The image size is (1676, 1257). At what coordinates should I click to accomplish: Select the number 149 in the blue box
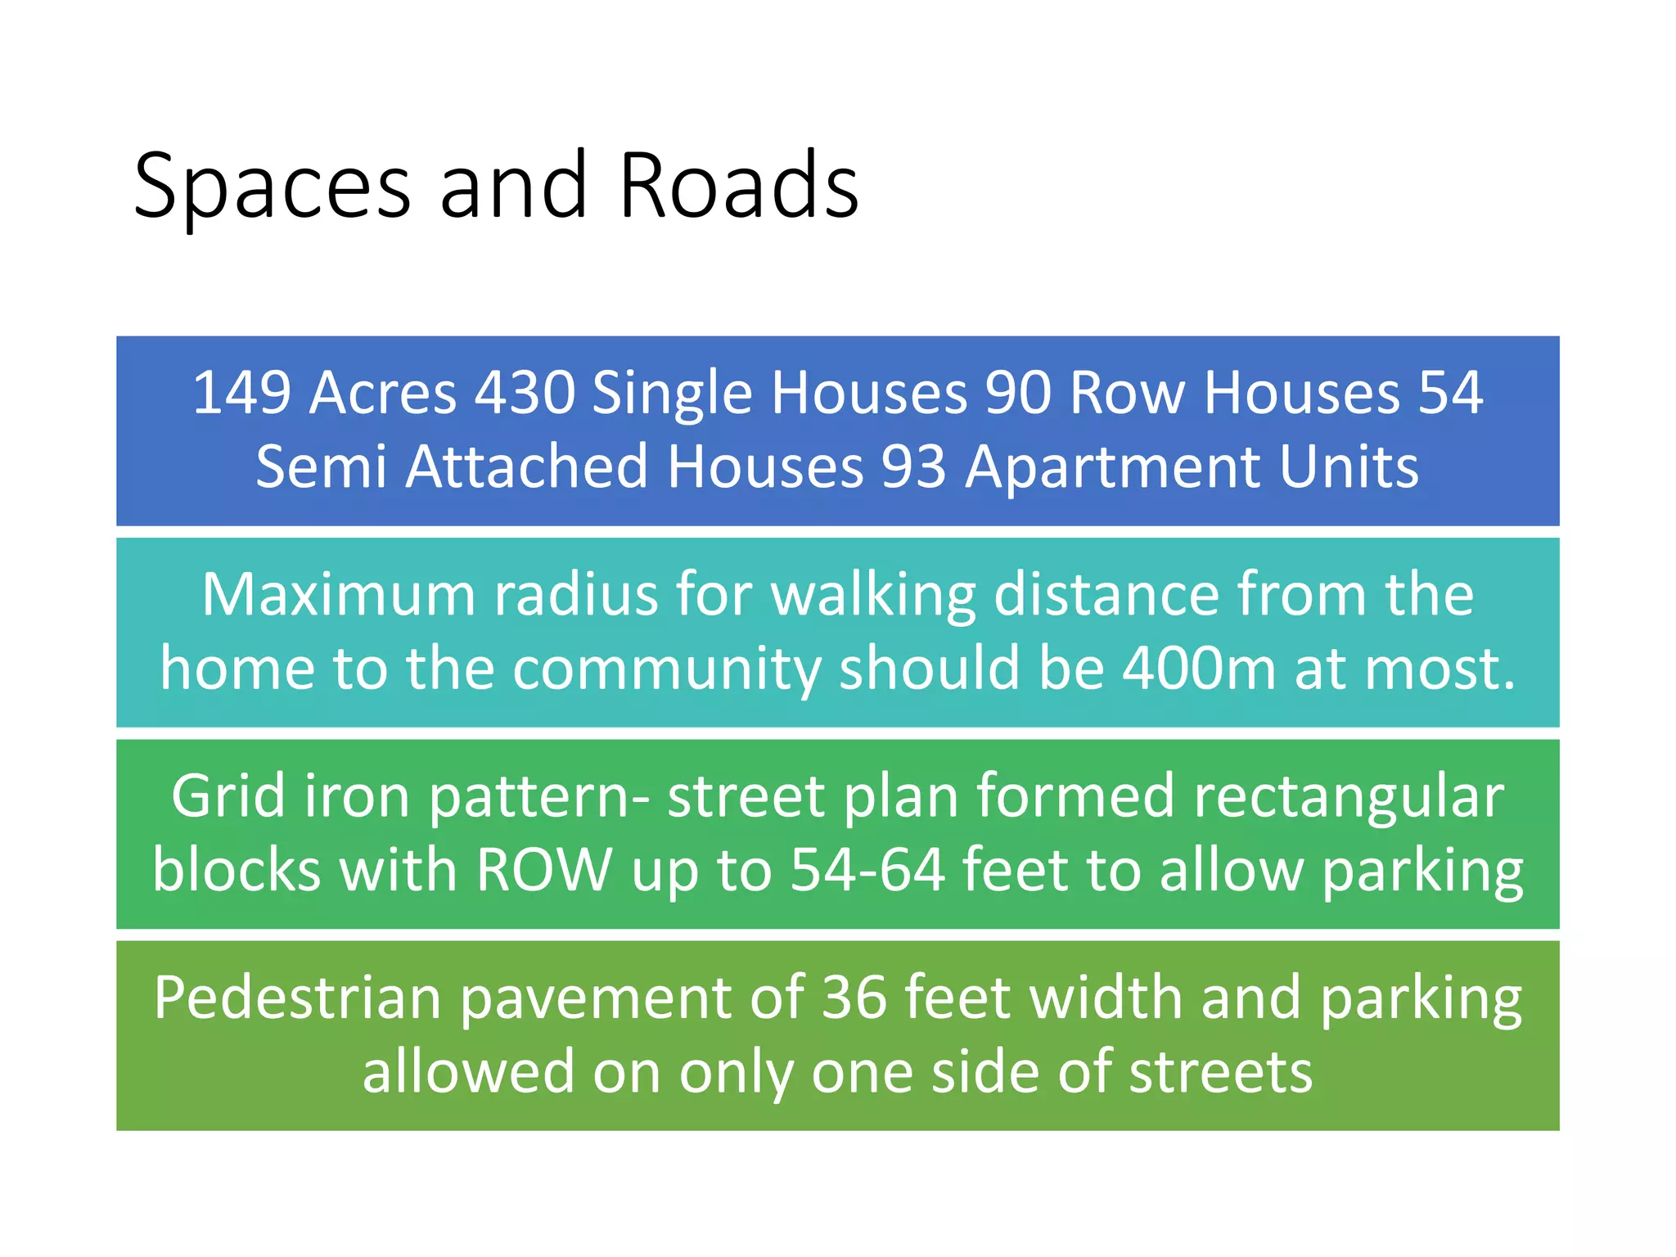(x=241, y=393)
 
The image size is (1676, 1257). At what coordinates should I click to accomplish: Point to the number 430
(x=525, y=393)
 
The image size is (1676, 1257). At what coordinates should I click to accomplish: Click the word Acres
(x=383, y=393)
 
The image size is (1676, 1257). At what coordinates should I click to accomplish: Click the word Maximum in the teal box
(x=338, y=594)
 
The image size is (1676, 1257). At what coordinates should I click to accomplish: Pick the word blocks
(x=237, y=870)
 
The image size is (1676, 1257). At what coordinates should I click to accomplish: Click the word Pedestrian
(x=297, y=998)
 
